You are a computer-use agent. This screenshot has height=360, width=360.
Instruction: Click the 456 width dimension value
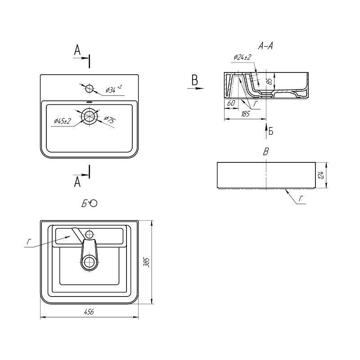(x=89, y=312)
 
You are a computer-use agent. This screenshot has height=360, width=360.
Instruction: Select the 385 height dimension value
(x=147, y=262)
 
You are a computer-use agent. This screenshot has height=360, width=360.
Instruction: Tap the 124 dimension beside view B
(x=321, y=175)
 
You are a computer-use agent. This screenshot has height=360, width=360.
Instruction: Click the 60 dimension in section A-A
(x=231, y=103)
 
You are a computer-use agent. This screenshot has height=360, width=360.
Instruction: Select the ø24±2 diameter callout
(x=243, y=57)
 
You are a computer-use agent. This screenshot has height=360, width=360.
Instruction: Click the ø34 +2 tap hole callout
(x=114, y=89)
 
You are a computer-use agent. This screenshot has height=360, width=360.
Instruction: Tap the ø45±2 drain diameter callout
(x=63, y=121)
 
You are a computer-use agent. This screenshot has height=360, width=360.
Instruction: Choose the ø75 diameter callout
(x=110, y=120)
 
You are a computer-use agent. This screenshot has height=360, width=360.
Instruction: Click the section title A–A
(x=265, y=46)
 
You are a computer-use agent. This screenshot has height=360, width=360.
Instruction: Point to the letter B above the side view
(x=265, y=152)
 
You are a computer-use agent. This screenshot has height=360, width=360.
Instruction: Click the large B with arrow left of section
(x=195, y=81)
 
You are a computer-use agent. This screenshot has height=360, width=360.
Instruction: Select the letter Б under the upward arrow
(x=271, y=131)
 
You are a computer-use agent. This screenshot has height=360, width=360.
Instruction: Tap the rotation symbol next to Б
(x=94, y=203)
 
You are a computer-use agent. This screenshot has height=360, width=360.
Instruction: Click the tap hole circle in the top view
(x=89, y=88)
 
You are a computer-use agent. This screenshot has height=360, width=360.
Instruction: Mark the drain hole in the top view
(x=89, y=116)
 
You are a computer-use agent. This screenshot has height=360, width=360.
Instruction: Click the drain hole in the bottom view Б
(x=89, y=262)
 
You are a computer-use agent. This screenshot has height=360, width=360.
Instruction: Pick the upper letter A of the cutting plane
(x=77, y=50)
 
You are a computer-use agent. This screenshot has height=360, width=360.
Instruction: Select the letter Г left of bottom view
(x=29, y=242)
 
